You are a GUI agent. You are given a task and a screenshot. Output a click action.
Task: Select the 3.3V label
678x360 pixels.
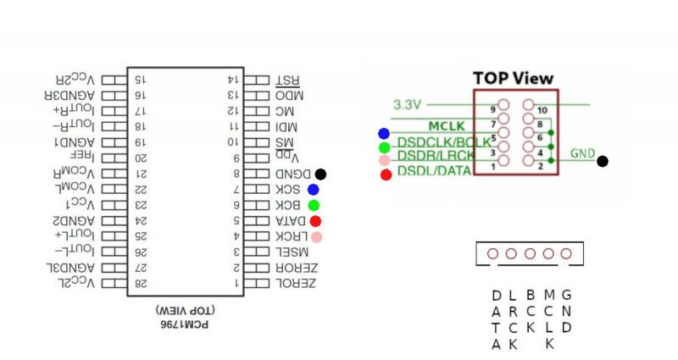407,105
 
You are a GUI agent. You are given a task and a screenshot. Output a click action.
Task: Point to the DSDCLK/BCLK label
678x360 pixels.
443,142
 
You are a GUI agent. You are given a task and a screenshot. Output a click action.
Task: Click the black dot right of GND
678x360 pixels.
603,161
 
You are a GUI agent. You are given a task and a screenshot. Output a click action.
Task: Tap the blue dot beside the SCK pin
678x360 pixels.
314,190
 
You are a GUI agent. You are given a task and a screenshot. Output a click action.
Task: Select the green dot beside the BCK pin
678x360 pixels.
314,205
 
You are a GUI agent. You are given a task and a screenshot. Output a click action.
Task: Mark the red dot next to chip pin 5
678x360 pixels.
315,221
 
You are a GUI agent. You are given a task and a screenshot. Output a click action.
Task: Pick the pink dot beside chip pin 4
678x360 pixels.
316,236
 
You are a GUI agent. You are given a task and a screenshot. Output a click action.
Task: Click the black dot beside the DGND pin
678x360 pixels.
320,174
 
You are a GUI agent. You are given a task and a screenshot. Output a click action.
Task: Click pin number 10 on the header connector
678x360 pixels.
543,110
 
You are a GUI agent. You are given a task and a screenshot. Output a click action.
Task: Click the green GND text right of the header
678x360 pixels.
582,153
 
